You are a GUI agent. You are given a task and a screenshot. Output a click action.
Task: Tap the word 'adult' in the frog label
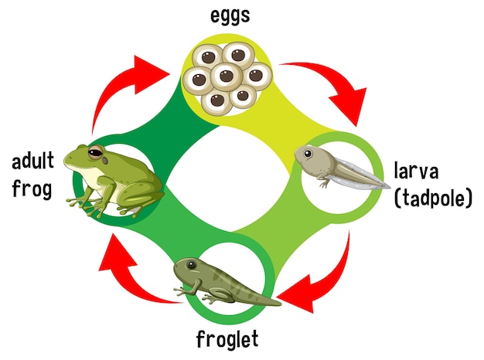(x=32, y=162)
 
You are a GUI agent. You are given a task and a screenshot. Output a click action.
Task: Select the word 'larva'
(x=420, y=171)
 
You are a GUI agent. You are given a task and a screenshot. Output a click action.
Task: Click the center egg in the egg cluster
(x=226, y=76)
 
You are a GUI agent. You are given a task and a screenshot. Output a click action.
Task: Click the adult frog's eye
(x=97, y=151)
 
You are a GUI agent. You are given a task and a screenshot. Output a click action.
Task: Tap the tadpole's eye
(x=309, y=155)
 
